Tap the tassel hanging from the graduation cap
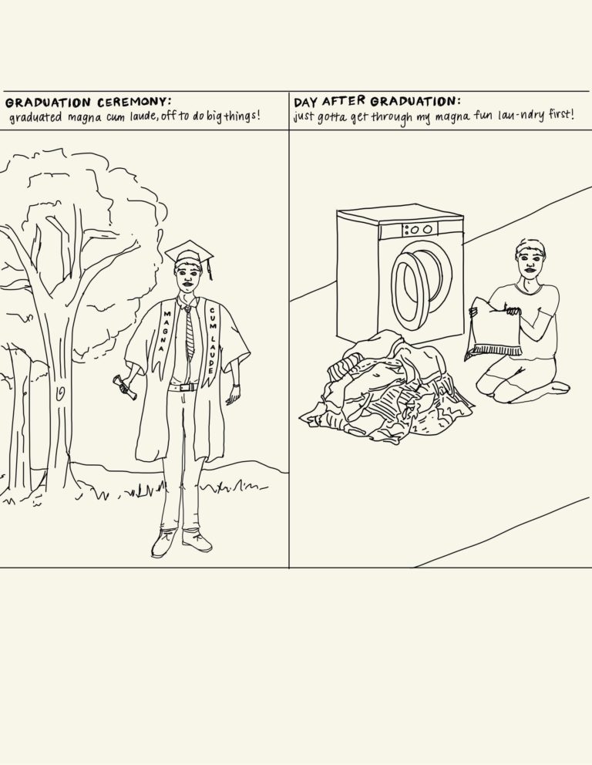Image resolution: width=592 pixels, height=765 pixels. [209, 270]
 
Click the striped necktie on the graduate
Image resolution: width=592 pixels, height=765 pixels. [189, 332]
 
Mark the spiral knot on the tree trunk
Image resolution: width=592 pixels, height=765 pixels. [60, 392]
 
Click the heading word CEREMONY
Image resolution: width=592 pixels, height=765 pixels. [133, 102]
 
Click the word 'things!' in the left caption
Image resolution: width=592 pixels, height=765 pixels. [242, 116]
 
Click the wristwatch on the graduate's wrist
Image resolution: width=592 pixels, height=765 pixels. [237, 386]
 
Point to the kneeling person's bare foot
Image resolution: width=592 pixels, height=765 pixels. [556, 387]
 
